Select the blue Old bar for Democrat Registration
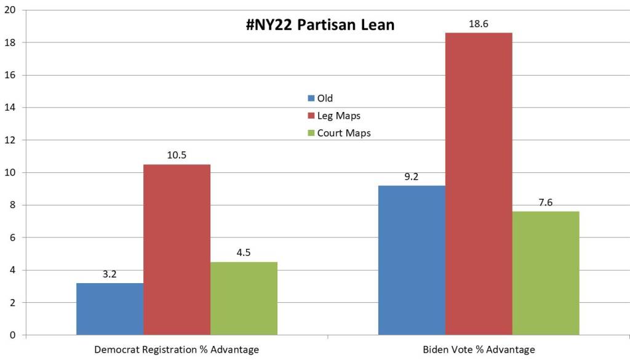click(x=110, y=309)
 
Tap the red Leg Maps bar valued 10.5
click(x=177, y=250)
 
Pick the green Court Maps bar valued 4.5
click(x=244, y=298)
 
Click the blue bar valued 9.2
click(x=412, y=260)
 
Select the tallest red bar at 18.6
click(x=479, y=184)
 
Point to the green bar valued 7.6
click(x=546, y=273)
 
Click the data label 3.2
click(x=110, y=274)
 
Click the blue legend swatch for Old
click(x=311, y=98)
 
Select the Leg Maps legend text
click(x=338, y=116)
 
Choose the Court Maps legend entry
click(x=344, y=133)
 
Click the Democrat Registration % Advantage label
click(x=177, y=350)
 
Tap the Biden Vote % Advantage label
click(x=479, y=350)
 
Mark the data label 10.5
click(x=177, y=155)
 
